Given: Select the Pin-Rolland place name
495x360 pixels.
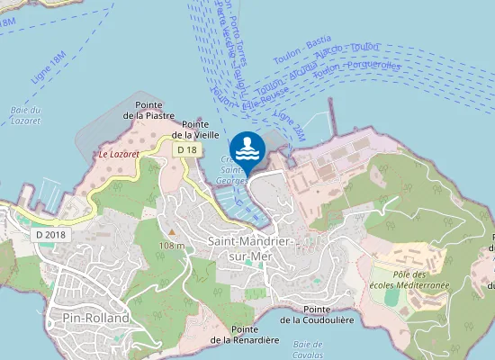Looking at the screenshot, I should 90,319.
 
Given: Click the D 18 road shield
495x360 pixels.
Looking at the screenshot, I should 186,148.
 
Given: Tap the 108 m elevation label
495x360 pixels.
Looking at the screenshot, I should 171,246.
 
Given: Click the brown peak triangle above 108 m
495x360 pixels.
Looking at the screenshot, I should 171,233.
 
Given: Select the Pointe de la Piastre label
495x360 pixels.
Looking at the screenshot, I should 148,110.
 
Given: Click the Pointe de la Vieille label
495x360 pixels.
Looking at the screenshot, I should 202,129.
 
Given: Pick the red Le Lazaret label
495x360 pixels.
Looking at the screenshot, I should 119,155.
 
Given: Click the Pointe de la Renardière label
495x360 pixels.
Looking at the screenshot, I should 243,335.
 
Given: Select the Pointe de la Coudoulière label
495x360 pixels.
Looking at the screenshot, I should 321,315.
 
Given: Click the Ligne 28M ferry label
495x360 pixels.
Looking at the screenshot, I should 290,125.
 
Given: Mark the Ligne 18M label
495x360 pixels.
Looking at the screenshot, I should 49,68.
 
